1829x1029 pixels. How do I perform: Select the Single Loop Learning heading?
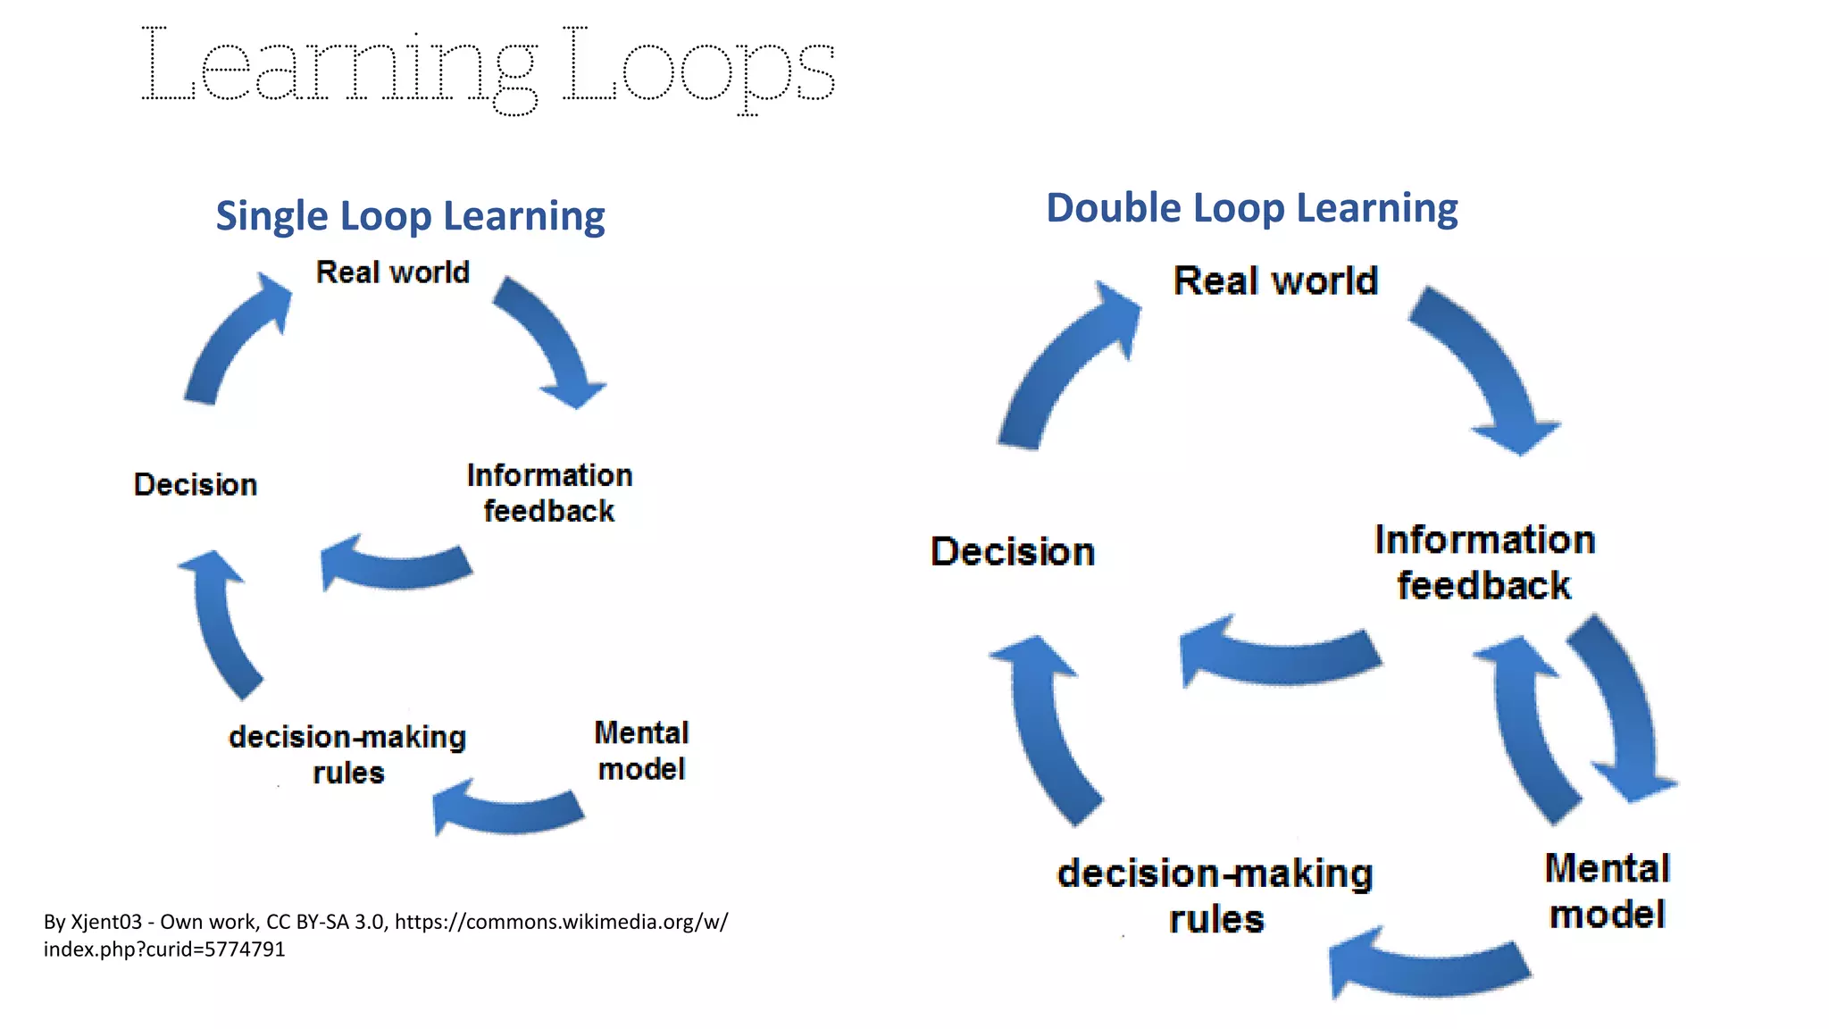(x=410, y=216)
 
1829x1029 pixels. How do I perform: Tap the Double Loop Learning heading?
(x=1251, y=208)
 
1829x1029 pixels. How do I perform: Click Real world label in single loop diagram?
(x=392, y=272)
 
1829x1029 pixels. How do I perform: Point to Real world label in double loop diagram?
(x=1274, y=280)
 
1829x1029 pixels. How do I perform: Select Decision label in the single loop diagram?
(x=196, y=484)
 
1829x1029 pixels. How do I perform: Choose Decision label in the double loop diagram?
(x=1012, y=551)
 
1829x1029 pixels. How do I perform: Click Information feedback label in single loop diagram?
(x=549, y=492)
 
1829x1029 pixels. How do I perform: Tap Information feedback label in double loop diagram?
(x=1484, y=563)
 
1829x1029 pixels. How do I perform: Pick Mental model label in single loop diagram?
(x=641, y=750)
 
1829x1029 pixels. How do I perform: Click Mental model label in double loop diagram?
(x=1607, y=891)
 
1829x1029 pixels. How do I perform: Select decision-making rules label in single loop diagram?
(x=347, y=754)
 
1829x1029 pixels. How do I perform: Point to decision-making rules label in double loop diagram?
(x=1215, y=895)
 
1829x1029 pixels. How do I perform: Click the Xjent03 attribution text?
(x=385, y=934)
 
